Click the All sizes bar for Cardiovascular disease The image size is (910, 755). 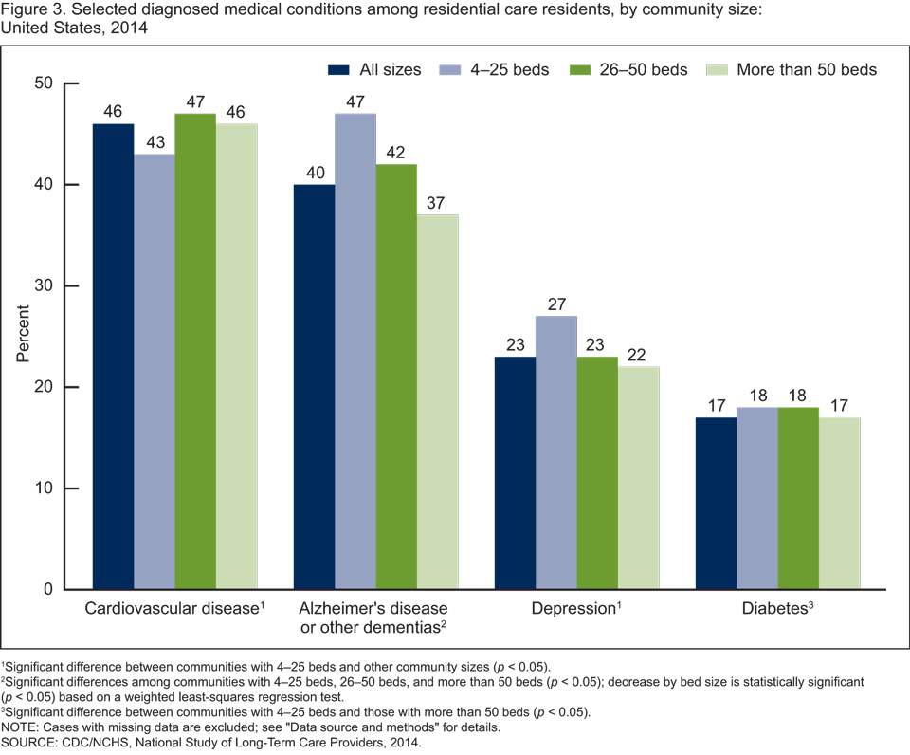coord(113,356)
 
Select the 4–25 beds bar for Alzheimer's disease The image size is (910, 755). coord(355,351)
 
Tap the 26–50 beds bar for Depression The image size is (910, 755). coord(596,472)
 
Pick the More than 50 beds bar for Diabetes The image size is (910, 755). coord(839,503)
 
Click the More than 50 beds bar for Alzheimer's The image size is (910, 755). coord(437,401)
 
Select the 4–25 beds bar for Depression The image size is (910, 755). coord(555,452)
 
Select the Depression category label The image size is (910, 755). coord(575,608)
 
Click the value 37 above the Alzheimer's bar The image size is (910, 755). coord(438,202)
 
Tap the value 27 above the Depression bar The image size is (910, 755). coord(555,304)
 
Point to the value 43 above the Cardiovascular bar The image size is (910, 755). coord(154,141)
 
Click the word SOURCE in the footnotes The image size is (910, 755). coord(29,743)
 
